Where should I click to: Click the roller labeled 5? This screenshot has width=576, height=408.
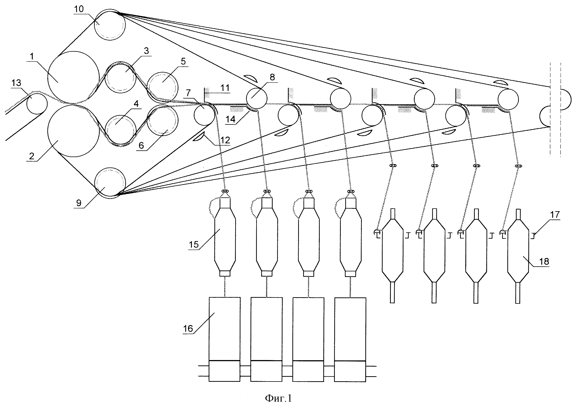pyautogui.click(x=162, y=87)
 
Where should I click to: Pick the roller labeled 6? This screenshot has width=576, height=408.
pyautogui.click(x=162, y=120)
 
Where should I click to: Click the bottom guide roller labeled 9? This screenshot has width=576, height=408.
pyautogui.click(x=110, y=183)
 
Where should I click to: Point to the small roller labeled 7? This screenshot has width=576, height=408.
pyautogui.click(x=204, y=115)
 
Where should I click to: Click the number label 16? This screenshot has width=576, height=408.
pyautogui.click(x=188, y=328)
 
